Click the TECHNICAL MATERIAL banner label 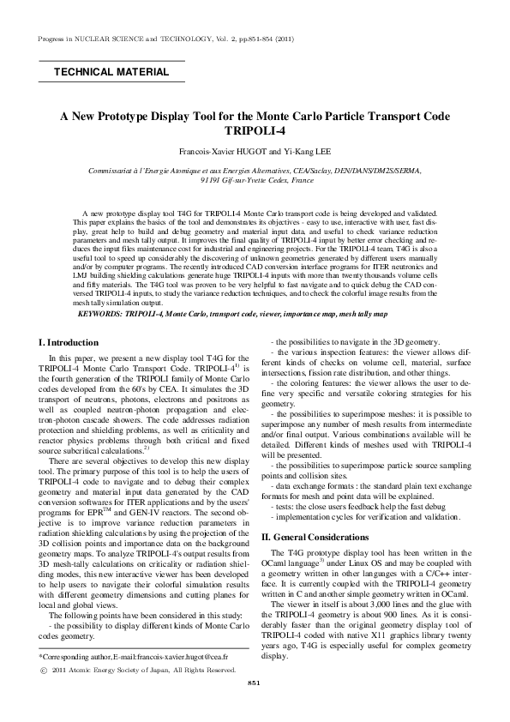click(111, 72)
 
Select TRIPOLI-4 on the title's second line click(254, 132)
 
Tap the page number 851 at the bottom click(254, 706)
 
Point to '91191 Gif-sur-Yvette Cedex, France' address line click(255, 182)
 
